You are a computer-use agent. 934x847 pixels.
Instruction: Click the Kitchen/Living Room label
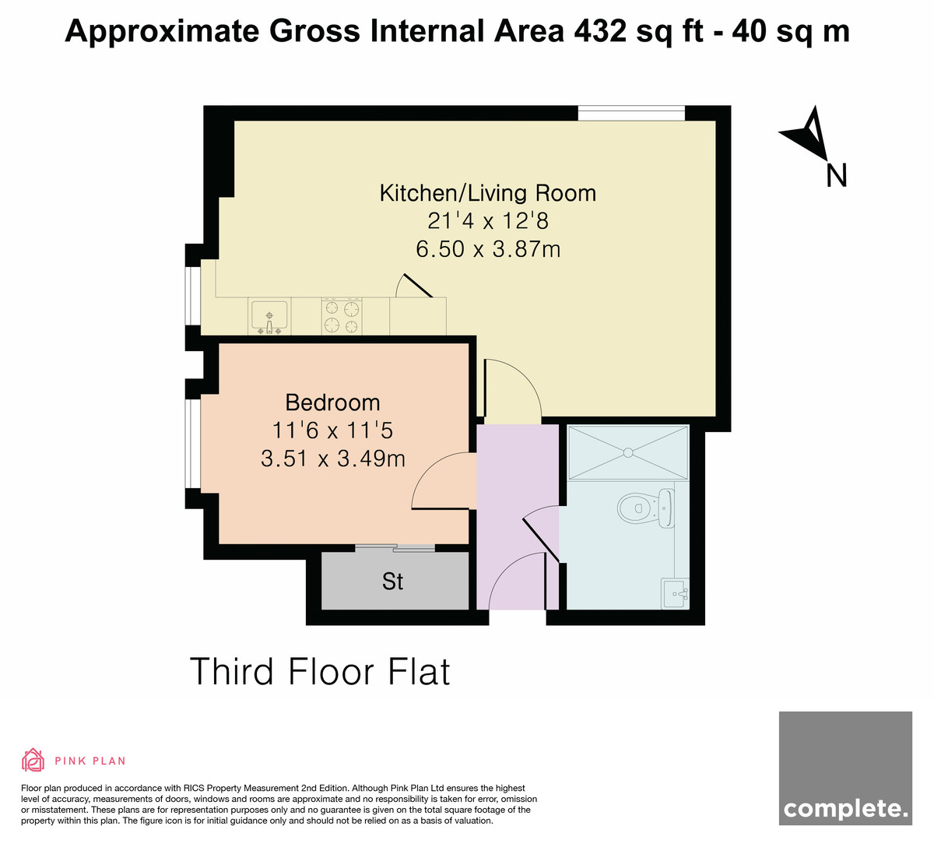(x=487, y=193)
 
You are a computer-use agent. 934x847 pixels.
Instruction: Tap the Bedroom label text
(x=332, y=402)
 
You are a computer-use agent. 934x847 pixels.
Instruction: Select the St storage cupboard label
(x=392, y=581)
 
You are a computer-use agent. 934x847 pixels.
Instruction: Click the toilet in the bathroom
(x=646, y=508)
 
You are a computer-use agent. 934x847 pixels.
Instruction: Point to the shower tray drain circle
(x=627, y=452)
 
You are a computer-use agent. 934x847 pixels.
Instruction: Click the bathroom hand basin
(x=675, y=593)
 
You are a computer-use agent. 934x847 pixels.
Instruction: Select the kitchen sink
(x=269, y=316)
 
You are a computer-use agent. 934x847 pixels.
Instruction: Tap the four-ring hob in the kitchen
(x=342, y=316)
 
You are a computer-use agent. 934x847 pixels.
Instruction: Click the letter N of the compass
(x=836, y=176)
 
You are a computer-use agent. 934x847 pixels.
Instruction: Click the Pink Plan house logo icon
(x=33, y=760)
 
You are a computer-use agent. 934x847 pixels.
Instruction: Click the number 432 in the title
(x=599, y=31)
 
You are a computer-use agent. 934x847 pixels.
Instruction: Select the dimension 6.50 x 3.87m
(x=488, y=249)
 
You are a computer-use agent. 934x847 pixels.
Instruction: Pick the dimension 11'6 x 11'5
(x=332, y=430)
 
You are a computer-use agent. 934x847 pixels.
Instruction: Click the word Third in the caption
(x=231, y=671)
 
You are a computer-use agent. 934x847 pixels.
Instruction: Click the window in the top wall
(x=631, y=113)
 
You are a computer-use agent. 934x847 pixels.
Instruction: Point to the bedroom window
(x=193, y=444)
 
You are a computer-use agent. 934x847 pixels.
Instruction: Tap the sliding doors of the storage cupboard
(x=395, y=547)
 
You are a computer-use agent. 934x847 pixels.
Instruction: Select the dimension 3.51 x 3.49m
(x=333, y=459)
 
